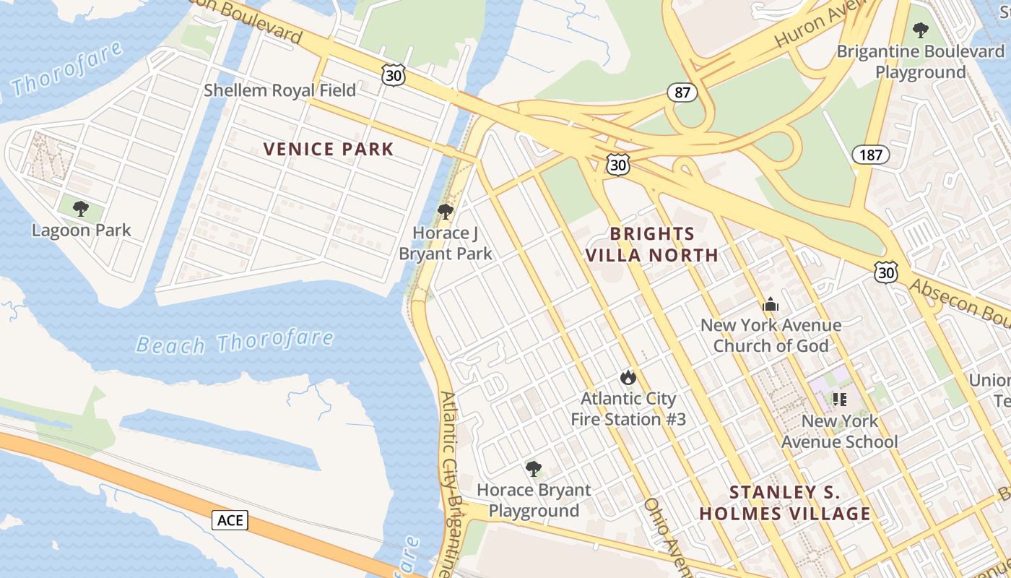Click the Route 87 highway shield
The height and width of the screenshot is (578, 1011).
(x=682, y=92)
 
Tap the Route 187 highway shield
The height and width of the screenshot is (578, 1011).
(x=870, y=154)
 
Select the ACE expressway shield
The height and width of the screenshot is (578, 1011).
(x=230, y=519)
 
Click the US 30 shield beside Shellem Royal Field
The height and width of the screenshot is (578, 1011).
(x=394, y=75)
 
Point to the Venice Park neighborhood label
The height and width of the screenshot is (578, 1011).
(x=329, y=150)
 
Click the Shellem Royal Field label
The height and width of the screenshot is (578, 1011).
(x=279, y=90)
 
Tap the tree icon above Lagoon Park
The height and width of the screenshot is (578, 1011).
(x=81, y=209)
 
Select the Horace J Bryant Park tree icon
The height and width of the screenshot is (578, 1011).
(x=446, y=212)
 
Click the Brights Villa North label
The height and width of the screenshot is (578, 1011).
(x=651, y=244)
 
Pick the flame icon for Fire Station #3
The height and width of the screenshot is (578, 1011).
(x=628, y=377)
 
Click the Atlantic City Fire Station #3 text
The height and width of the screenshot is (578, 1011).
(x=628, y=409)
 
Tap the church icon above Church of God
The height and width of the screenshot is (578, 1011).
(x=771, y=304)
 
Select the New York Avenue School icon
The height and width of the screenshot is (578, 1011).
(x=839, y=399)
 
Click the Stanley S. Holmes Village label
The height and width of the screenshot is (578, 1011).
(x=785, y=504)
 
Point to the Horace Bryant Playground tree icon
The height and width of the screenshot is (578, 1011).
(x=534, y=469)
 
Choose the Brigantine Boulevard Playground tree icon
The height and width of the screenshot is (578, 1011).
(x=920, y=30)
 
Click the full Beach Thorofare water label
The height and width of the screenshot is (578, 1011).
(x=235, y=342)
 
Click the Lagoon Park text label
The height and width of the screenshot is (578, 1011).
(x=82, y=230)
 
